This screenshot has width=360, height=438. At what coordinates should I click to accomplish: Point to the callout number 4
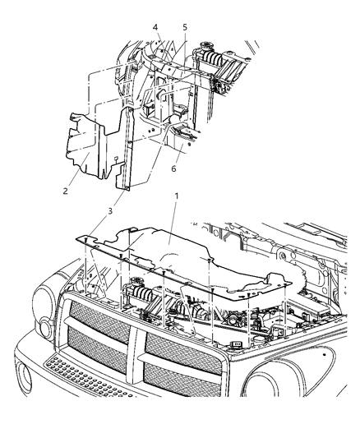coord(155,28)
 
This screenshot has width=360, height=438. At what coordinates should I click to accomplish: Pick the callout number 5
coord(185,28)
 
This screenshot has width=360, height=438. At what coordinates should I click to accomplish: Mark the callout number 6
coord(173,168)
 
